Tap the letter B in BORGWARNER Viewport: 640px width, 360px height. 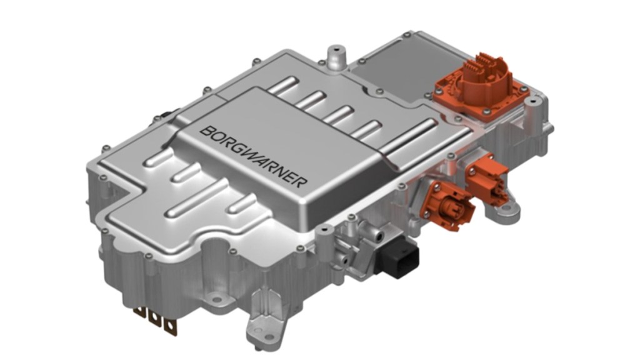[x=205, y=130]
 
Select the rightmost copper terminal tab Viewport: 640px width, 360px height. [x=168, y=324]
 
